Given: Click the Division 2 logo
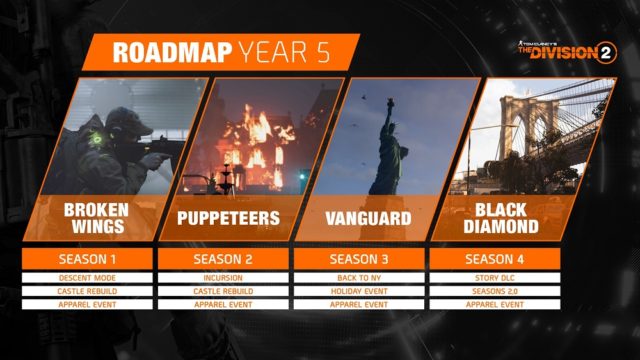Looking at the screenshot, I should coord(564,51).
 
